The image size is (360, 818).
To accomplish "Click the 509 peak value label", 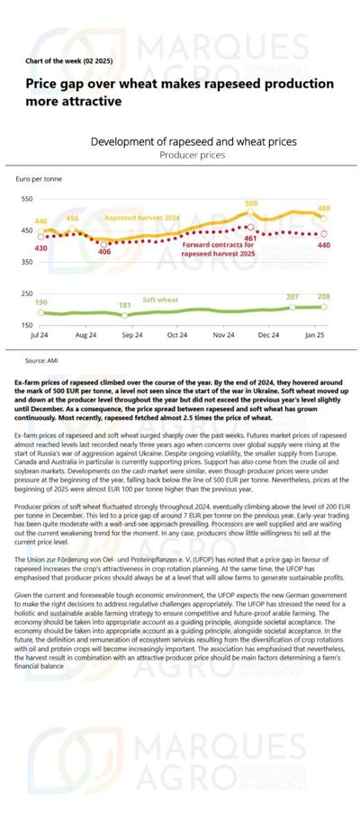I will pos(251,204).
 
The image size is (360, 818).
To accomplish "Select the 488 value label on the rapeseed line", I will pos(324,208).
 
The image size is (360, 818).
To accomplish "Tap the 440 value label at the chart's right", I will pos(324,245).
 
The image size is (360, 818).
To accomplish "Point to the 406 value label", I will pos(104,252).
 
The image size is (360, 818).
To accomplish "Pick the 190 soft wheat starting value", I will pos(40,303).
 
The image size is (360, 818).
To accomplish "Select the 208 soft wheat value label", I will pos(323,296).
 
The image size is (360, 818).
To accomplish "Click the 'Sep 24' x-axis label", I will pos(132,335).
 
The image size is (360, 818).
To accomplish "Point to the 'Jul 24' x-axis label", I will pos(40,335).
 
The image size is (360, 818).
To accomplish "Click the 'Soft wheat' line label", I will pos(162,300).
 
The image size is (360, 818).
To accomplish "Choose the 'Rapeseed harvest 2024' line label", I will pos(141,219).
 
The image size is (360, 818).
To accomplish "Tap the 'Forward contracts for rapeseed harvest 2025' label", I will pos(218,248).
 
